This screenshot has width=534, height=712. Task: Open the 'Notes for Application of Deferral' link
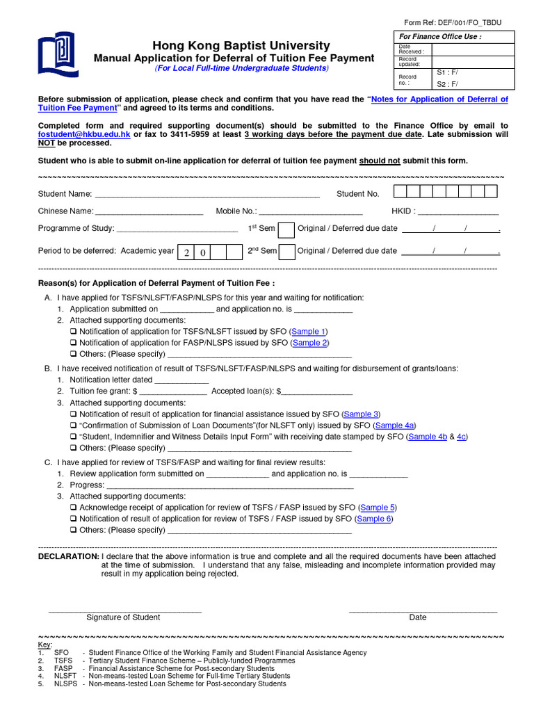tap(439, 99)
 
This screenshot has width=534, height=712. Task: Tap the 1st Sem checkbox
tap(286, 229)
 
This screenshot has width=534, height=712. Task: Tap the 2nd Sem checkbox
tap(286, 252)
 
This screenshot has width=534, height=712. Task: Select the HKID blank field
tap(458, 211)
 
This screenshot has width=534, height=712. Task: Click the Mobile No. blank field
tap(310, 211)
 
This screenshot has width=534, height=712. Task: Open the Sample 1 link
tap(309, 332)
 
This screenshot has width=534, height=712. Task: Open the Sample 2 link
tap(309, 343)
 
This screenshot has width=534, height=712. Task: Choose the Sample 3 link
tap(361, 414)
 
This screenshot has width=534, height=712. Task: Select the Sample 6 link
tap(374, 519)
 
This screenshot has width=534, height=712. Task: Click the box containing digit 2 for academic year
tap(186, 252)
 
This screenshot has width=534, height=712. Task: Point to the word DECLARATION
tap(68, 557)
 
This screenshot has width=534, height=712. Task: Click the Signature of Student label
tap(123, 617)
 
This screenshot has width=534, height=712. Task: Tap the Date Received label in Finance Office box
tap(411, 49)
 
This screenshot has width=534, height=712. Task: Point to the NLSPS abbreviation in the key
tap(65, 683)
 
